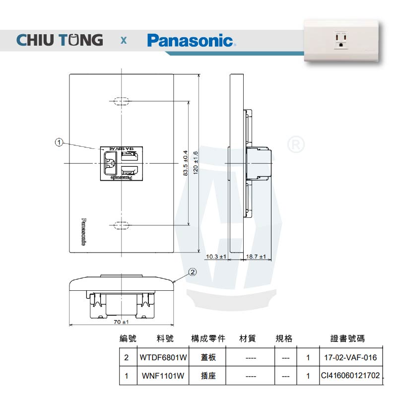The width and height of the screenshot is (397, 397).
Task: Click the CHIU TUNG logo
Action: click(x=60, y=40)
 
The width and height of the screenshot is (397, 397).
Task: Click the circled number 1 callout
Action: click(x=59, y=143)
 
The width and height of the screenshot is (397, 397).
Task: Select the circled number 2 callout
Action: click(x=193, y=272)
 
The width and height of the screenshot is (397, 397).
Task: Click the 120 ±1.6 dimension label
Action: click(x=196, y=163)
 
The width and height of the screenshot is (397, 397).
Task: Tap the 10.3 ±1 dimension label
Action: click(x=216, y=257)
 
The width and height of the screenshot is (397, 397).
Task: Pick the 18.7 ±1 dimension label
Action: click(x=256, y=257)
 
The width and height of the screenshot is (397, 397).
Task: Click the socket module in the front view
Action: click(x=121, y=163)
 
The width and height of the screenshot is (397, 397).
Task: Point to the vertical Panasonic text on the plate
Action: click(x=83, y=232)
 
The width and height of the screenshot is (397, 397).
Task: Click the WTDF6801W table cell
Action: click(x=163, y=357)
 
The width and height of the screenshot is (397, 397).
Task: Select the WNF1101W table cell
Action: click(x=163, y=376)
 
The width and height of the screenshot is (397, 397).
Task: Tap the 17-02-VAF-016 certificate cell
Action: click(x=350, y=357)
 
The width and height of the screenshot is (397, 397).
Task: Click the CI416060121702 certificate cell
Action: click(x=350, y=376)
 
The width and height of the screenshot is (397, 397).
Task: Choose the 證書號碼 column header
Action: click(x=347, y=339)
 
